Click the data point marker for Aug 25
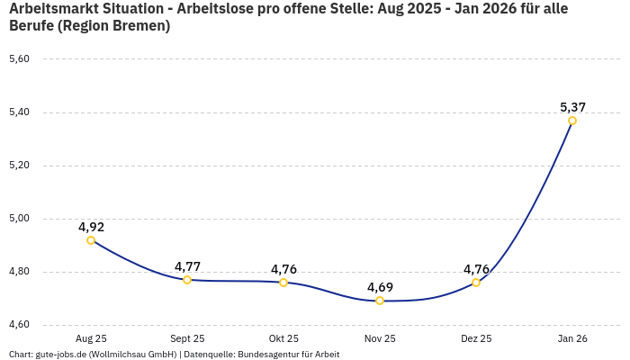coord(91,240)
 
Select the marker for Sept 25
coord(187,280)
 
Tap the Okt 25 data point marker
coord(283,283)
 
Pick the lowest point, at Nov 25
coord(380,301)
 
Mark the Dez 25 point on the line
coord(476,283)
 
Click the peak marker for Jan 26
coord(572,121)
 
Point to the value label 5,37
coord(572,106)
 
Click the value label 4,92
coord(91,226)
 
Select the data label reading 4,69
coord(380,287)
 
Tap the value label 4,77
coord(187,266)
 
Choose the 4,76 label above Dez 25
coord(476,269)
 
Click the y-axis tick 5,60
coord(19,59)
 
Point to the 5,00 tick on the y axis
coord(19,219)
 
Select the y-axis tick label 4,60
coord(19,325)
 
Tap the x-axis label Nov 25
coord(380,338)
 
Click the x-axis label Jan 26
coord(572,338)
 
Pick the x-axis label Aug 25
coord(91,338)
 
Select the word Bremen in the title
coord(139,26)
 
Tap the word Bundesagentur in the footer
coord(273,354)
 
